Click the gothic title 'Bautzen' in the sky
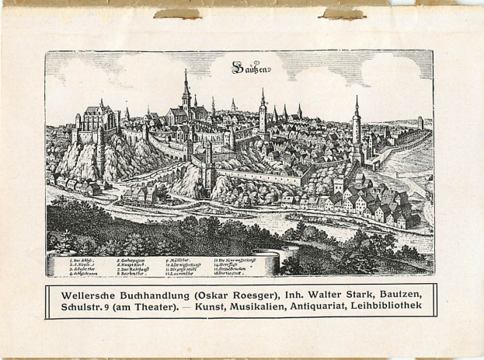[251, 69]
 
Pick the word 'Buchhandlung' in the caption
[162, 293]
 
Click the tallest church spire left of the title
[186, 89]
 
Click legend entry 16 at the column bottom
[231, 274]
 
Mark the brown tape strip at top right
[341, 13]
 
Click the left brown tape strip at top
[176, 13]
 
